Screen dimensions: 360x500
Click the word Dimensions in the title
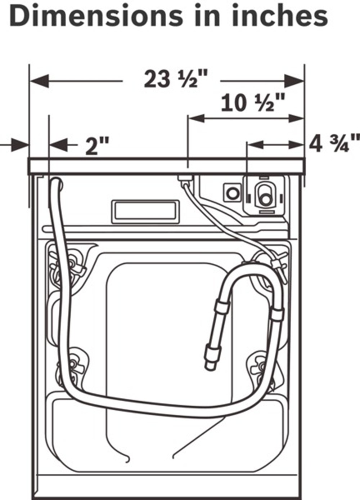point(96,16)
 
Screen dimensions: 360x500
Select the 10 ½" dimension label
point(253,103)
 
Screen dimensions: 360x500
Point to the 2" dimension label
point(98,146)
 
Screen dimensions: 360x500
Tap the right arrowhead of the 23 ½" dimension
point(294,81)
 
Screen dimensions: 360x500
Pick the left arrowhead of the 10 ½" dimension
point(197,118)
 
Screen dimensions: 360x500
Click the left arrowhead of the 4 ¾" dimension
point(255,145)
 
